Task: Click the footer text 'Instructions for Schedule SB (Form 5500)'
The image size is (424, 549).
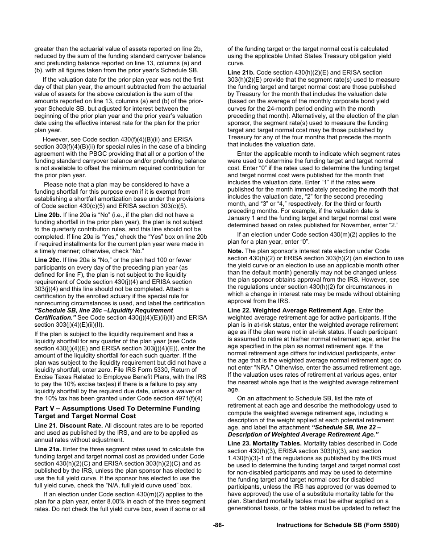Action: [337, 525]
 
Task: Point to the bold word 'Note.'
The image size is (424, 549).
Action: [235, 251]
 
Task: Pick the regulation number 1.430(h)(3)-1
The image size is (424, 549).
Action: [249, 458]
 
